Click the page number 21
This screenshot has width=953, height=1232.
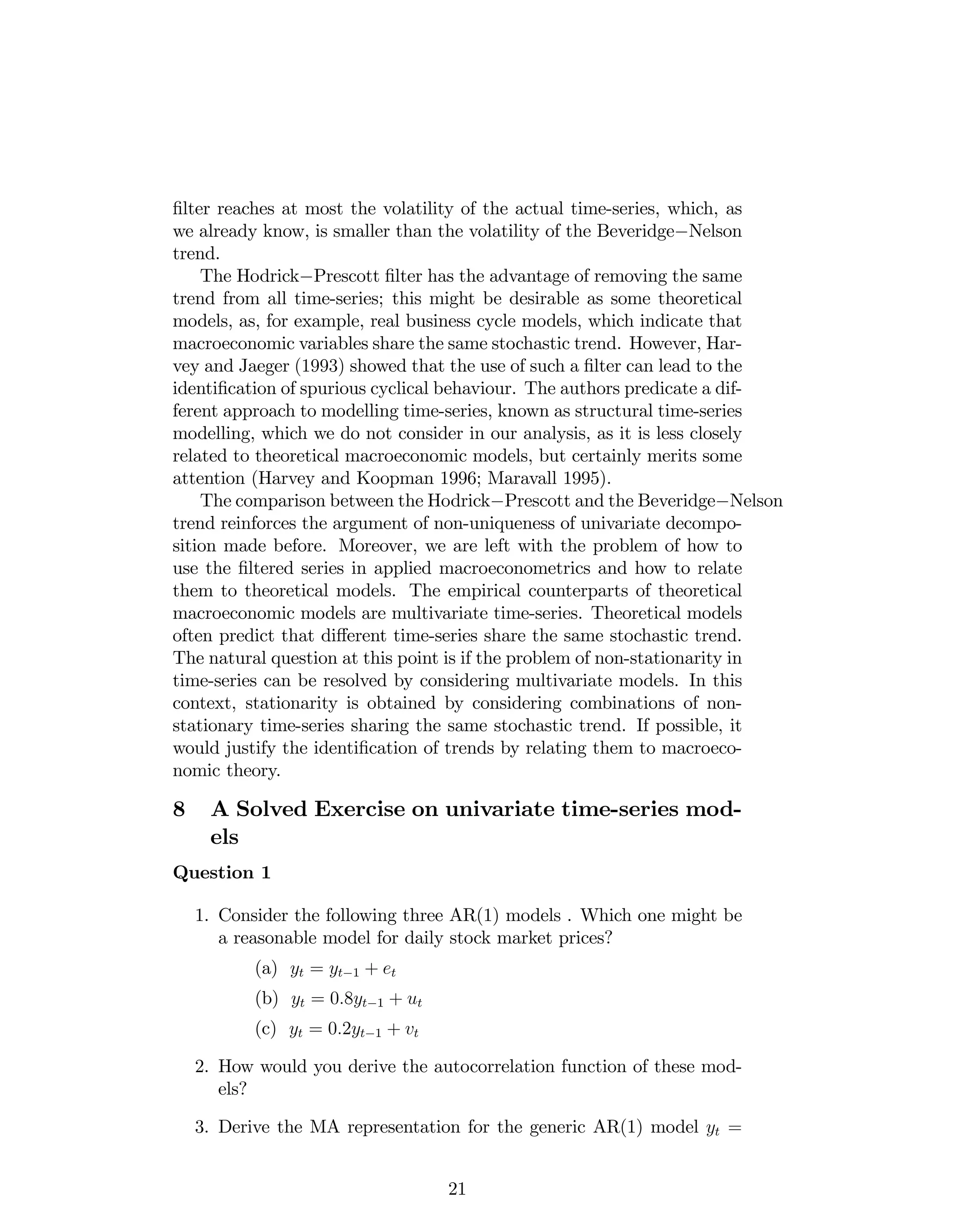(x=457, y=1189)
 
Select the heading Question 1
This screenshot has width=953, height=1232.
(x=221, y=873)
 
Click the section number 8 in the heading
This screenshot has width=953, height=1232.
(x=179, y=809)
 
